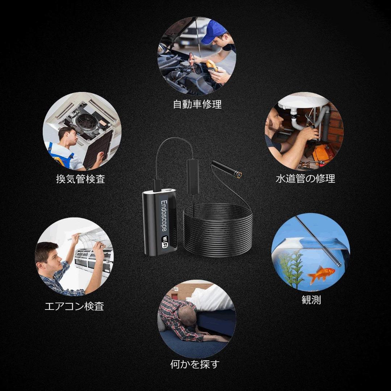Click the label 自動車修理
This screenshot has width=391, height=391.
pyautogui.click(x=197, y=105)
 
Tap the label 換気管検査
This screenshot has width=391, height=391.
pyautogui.click(x=80, y=179)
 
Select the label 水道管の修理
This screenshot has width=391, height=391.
pyautogui.click(x=305, y=178)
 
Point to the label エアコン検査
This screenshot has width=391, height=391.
pyautogui.click(x=74, y=306)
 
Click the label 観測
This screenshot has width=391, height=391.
pyautogui.click(x=311, y=300)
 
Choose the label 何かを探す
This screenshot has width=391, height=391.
pyautogui.click(x=195, y=364)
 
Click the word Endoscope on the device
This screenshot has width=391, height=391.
pyautogui.click(x=164, y=216)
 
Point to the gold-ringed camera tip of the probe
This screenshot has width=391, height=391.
pyautogui.click(x=238, y=175)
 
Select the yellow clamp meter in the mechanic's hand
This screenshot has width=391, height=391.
pyautogui.click(x=212, y=65)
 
